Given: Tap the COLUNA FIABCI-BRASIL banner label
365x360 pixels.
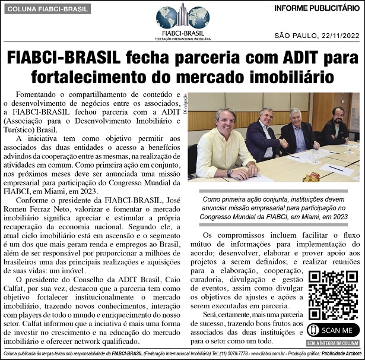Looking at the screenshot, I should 46,9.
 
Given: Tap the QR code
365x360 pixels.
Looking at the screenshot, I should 333,296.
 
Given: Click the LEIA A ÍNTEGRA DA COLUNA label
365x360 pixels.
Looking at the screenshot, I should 333,343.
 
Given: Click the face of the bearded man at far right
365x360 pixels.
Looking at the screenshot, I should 338,114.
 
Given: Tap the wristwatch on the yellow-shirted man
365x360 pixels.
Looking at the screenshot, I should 229,172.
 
